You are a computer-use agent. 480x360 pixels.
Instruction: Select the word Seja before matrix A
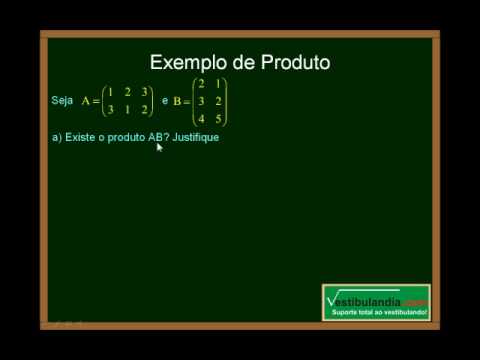click(x=61, y=101)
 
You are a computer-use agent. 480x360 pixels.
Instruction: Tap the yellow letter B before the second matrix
click(x=176, y=101)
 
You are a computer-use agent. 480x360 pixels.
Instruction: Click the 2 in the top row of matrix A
click(x=127, y=92)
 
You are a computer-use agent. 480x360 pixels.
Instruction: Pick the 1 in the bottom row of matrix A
click(x=127, y=109)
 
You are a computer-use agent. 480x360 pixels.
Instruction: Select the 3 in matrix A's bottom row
click(x=110, y=109)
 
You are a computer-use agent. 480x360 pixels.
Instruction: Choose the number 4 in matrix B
click(x=202, y=118)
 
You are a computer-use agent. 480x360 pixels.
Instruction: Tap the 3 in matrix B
click(x=202, y=101)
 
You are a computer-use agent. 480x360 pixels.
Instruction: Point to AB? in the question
click(x=156, y=137)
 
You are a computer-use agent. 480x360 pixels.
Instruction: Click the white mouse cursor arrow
click(x=159, y=147)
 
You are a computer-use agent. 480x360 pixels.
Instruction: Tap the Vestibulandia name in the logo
click(x=365, y=300)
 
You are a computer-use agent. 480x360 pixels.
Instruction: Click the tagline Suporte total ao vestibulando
click(x=379, y=314)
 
